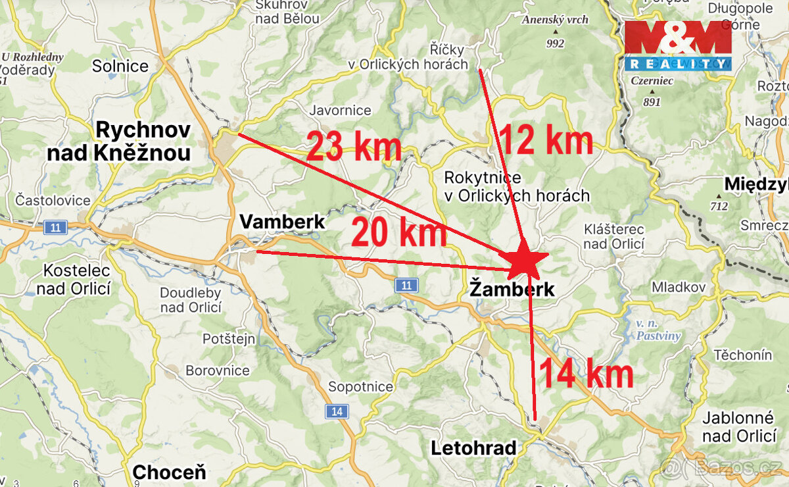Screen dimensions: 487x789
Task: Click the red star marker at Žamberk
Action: pyautogui.click(x=525, y=260)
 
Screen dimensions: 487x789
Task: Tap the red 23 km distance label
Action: pyautogui.click(x=354, y=146)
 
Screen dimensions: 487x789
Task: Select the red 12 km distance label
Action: pyautogui.click(x=546, y=140)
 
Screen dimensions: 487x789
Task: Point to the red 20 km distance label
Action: pyautogui.click(x=398, y=232)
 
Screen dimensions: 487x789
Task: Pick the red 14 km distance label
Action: pyautogui.click(x=586, y=374)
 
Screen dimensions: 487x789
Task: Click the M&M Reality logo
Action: pyautogui.click(x=677, y=45)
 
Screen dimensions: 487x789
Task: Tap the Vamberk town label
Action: pyautogui.click(x=282, y=222)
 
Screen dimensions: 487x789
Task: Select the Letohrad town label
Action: pyautogui.click(x=473, y=449)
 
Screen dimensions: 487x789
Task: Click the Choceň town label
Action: pyautogui.click(x=169, y=472)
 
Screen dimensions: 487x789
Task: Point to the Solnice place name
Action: pyautogui.click(x=120, y=66)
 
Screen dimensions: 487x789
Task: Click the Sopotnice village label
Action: pyautogui.click(x=360, y=386)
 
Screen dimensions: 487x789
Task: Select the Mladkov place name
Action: pyautogui.click(x=679, y=287)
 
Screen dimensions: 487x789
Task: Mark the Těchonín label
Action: pyautogui.click(x=743, y=355)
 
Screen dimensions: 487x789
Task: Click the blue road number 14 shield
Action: pyautogui.click(x=337, y=412)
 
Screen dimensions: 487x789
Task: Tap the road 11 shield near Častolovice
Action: pyautogui.click(x=56, y=228)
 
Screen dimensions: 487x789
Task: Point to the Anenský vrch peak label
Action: pyautogui.click(x=556, y=20)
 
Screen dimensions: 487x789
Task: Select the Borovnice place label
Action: pyautogui.click(x=218, y=371)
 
